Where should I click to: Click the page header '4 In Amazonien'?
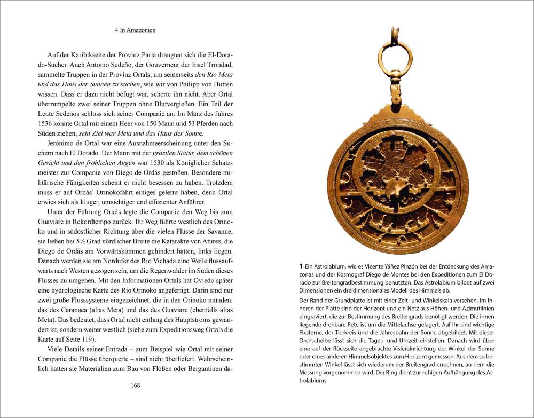pos(135,31)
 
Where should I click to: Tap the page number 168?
pos(135,385)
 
